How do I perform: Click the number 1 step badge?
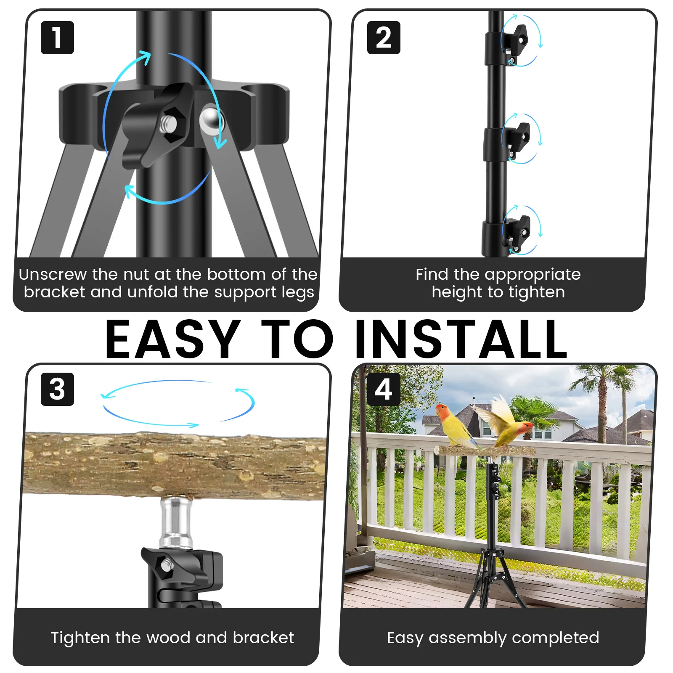[57, 37]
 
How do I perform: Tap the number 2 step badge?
[383, 37]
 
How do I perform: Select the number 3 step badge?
[57, 389]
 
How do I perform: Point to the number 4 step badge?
[383, 389]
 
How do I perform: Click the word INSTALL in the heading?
[461, 340]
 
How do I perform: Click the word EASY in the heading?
[172, 340]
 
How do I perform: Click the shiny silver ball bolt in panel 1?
[210, 119]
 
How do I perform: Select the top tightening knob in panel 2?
[516, 40]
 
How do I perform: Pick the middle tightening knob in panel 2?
[517, 138]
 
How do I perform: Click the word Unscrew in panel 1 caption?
[53, 274]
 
